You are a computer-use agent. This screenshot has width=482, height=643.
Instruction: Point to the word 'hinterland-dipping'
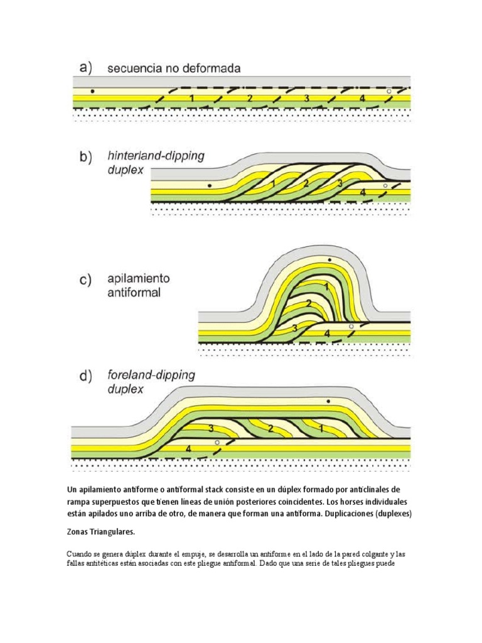tap(156, 156)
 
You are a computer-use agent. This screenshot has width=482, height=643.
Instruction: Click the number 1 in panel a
tap(191, 99)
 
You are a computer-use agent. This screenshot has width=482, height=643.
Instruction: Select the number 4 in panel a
tap(362, 99)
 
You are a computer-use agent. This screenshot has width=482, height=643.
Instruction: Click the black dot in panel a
tap(92, 91)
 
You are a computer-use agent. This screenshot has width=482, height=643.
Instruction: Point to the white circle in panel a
tap(389, 92)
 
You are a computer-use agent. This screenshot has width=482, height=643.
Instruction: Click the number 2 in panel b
tap(305, 183)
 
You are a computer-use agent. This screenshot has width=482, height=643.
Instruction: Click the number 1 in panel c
tap(326, 286)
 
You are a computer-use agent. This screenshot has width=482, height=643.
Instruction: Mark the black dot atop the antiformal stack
tap(329, 260)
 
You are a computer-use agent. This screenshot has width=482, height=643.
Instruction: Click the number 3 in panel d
tap(212, 428)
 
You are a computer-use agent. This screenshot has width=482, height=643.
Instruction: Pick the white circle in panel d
tap(217, 443)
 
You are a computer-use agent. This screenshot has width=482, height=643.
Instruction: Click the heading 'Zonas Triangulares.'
tap(100, 532)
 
